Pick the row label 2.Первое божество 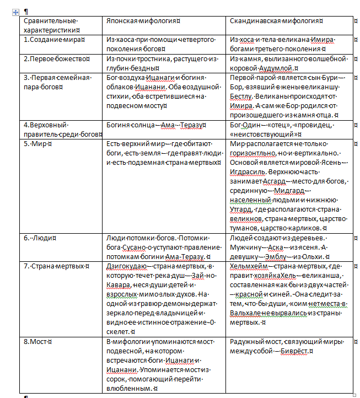pos(55,58)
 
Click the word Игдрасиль pos(248,171)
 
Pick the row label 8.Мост pos(36,342)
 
